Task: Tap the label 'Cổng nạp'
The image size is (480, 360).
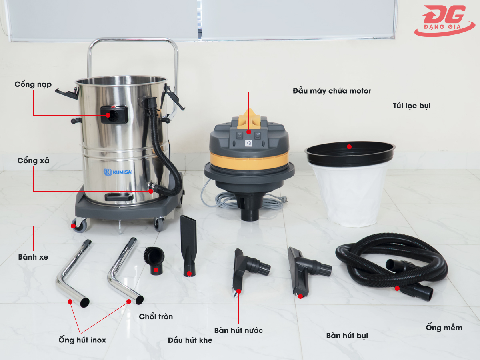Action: point(33,84)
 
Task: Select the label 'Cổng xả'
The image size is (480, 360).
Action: point(33,160)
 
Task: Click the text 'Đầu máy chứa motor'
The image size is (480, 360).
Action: point(332,91)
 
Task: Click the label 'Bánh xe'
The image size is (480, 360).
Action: point(33,257)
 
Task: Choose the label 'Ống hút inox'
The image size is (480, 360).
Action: point(82,340)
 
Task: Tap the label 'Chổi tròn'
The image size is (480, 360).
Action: point(156,316)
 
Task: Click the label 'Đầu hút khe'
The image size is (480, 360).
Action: point(190,340)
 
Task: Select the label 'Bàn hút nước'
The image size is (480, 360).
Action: point(238,330)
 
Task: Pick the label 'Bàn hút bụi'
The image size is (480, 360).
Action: point(347,336)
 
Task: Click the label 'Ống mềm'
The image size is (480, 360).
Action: point(444,328)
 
